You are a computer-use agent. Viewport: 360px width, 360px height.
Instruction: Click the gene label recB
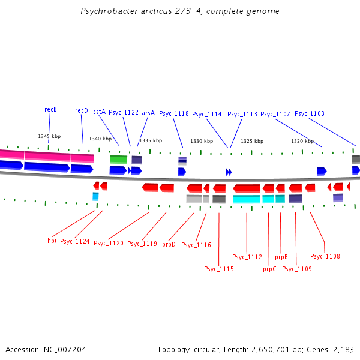(x=50, y=110)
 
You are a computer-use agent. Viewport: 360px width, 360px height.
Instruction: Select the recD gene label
(x=82, y=111)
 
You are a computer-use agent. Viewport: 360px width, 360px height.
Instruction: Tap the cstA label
(x=99, y=112)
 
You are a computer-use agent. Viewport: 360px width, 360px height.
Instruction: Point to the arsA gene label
(x=148, y=113)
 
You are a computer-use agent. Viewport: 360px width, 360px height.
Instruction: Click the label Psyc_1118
(x=174, y=114)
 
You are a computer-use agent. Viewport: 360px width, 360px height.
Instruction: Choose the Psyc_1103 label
(x=310, y=114)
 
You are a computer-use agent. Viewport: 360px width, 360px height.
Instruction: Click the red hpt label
(x=52, y=241)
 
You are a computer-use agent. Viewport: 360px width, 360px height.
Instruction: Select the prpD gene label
(x=169, y=244)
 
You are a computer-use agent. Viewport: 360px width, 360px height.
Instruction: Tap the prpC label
(x=269, y=269)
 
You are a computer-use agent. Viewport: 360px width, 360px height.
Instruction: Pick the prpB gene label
(x=281, y=257)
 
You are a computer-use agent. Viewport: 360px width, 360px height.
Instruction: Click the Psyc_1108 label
(x=325, y=256)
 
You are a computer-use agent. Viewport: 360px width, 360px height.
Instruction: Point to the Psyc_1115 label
(x=219, y=269)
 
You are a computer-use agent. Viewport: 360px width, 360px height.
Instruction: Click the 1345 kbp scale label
(x=49, y=136)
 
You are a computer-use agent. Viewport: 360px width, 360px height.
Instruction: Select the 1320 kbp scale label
(x=302, y=142)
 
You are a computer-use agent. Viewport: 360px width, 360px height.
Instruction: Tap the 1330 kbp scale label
(x=202, y=142)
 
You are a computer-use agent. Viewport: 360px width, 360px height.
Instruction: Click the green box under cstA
(x=118, y=160)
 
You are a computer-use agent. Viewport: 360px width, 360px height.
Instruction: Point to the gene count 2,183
(x=343, y=349)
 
